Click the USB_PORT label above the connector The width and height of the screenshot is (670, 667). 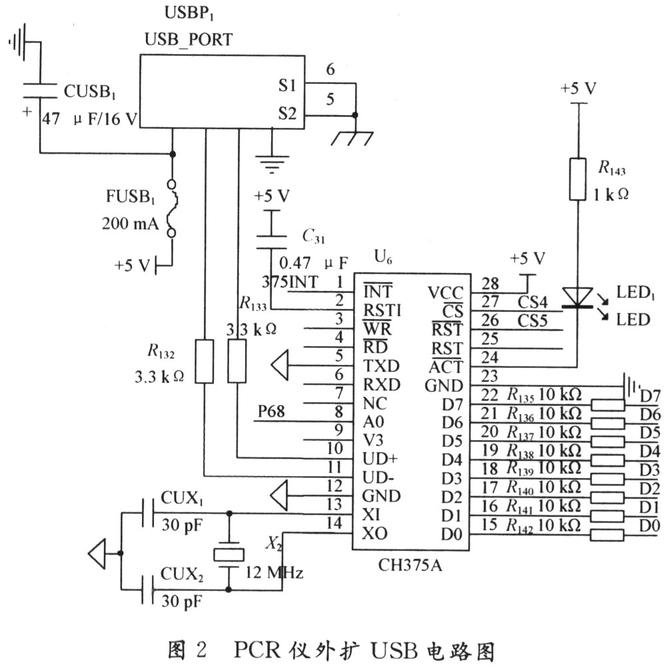(x=188, y=39)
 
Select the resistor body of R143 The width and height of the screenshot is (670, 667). (x=577, y=179)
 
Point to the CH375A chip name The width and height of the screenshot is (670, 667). (x=410, y=566)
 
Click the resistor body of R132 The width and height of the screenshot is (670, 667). (x=204, y=361)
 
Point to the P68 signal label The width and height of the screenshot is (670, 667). (x=271, y=412)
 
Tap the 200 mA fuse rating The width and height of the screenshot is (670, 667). (x=130, y=224)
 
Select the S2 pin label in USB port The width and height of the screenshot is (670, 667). (x=287, y=113)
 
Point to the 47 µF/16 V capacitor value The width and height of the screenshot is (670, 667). (x=90, y=119)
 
